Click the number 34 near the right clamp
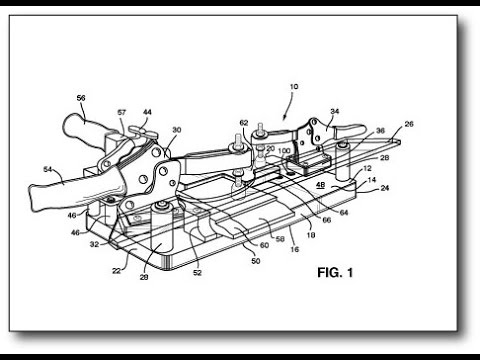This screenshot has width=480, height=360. [x=335, y=113]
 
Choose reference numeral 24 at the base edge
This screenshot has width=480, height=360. [x=385, y=187]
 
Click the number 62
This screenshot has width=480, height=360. [x=243, y=124]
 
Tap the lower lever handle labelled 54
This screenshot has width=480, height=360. [x=70, y=185]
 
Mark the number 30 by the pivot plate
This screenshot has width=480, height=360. [x=177, y=131]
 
